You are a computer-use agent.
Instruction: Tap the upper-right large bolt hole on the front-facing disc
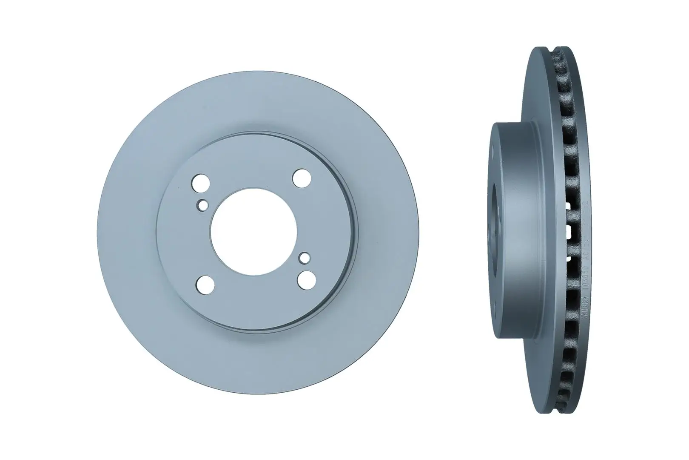coord(302,178)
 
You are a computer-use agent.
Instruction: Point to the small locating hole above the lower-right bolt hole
coord(304,257)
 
